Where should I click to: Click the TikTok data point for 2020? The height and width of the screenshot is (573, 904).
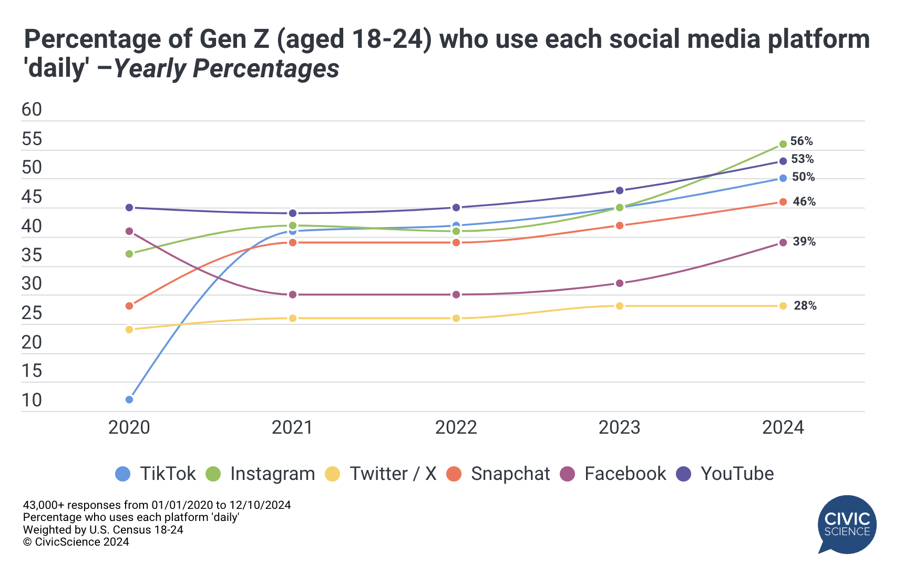(129, 400)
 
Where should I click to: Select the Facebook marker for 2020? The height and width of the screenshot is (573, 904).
(129, 231)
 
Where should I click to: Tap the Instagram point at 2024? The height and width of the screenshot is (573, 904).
(783, 144)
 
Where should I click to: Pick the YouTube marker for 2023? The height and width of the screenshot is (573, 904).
(620, 190)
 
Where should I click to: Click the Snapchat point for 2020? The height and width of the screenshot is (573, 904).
(129, 306)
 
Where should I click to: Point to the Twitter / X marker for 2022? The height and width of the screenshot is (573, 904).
(456, 318)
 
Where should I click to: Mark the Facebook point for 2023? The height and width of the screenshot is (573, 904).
(620, 283)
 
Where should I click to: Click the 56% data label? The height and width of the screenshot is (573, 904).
(802, 141)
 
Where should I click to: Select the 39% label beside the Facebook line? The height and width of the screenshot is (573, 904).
(804, 241)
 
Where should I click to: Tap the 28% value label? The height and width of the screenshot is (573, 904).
(805, 305)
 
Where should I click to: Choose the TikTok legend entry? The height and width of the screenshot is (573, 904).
(156, 474)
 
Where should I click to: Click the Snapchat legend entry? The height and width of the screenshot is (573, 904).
(498, 474)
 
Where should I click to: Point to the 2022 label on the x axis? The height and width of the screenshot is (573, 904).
(456, 427)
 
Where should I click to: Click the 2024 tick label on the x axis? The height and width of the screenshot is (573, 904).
(783, 427)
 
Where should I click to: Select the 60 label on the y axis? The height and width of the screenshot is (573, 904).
(32, 109)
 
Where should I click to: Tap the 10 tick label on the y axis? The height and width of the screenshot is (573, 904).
(32, 400)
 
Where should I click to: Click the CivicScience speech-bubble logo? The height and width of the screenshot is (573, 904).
(847, 524)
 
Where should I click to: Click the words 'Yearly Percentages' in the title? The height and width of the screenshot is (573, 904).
(227, 69)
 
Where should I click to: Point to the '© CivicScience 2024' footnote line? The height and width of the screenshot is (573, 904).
(76, 542)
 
